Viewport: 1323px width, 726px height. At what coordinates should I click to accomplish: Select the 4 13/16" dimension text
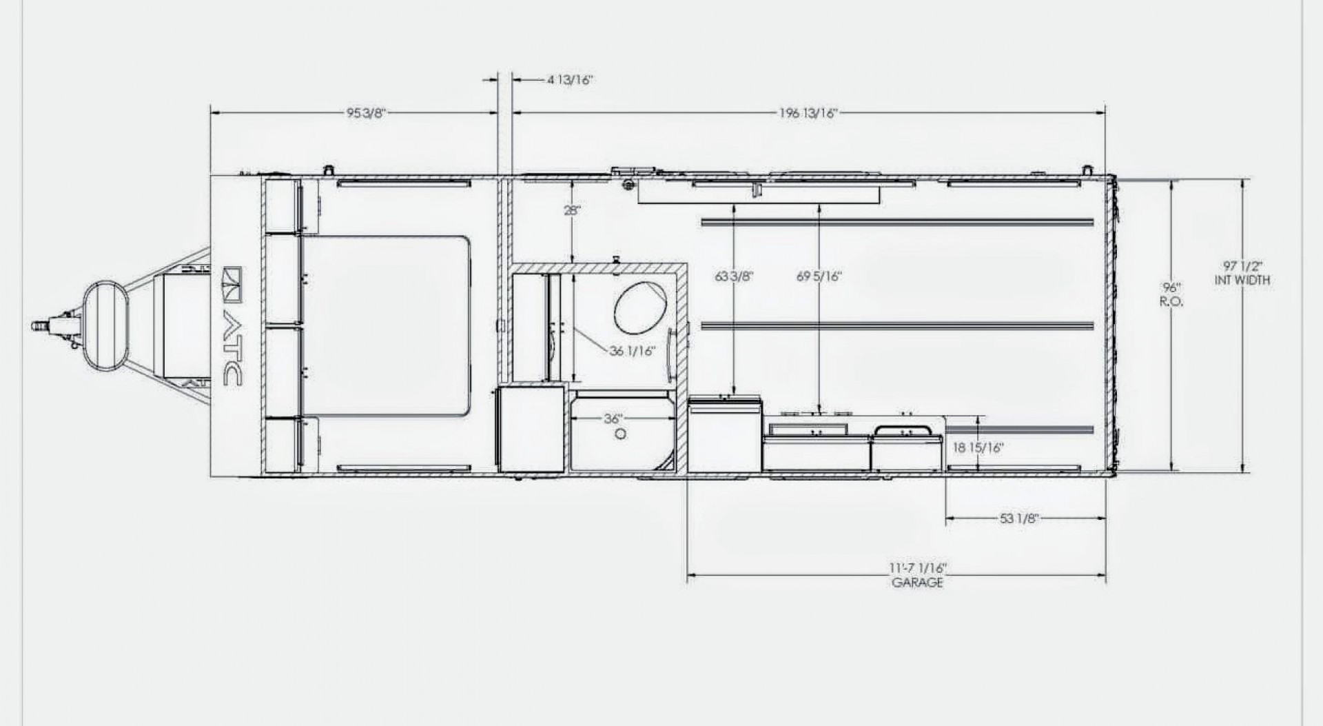571,80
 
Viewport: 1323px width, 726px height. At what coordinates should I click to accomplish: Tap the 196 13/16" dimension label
808,114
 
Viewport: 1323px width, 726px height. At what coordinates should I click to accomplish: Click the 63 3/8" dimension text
735,276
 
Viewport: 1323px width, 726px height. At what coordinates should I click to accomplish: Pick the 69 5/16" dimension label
819,276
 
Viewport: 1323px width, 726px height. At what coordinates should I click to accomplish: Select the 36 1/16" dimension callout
632,351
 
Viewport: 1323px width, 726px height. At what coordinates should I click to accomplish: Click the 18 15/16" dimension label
978,447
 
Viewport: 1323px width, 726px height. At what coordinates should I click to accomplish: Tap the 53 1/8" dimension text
1019,518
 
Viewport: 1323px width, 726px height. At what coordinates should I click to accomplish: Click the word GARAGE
918,583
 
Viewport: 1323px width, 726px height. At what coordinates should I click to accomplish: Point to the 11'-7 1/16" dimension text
919,569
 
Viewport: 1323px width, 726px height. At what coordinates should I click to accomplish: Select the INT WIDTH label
1242,281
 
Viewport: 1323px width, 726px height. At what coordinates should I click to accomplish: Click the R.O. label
1172,302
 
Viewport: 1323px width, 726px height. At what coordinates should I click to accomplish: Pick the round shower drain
621,434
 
